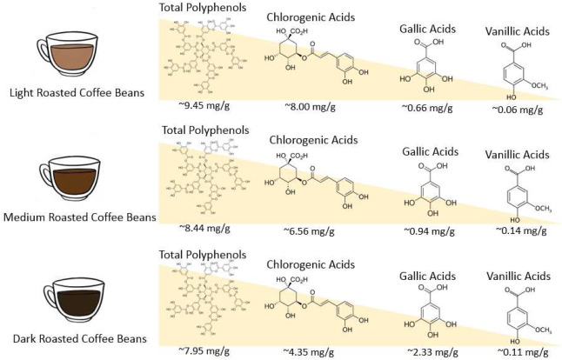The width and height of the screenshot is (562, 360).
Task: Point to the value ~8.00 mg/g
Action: coord(310,110)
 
